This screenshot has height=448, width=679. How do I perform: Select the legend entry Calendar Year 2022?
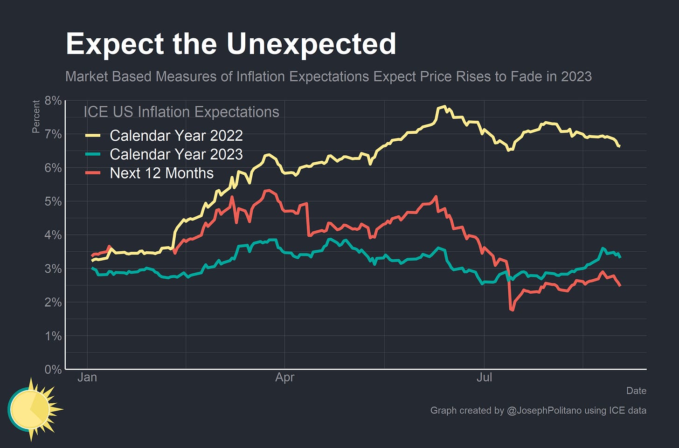coord(176,136)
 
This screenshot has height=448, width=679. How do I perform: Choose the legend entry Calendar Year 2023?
coord(176,154)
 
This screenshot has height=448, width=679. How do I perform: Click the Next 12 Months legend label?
coord(161,173)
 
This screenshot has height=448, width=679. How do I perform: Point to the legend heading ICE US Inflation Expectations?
coord(181,112)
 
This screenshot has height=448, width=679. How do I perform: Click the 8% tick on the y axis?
coord(53,101)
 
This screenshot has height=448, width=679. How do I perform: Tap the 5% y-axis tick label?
coord(53,201)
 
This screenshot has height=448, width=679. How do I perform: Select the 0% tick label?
coord(53,369)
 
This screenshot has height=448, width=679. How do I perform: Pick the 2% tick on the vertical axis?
coord(53,302)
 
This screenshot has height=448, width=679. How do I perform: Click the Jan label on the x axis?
coord(87,377)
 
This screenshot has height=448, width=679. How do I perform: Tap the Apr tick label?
coord(284,377)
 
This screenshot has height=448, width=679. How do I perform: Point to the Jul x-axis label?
coord(484,377)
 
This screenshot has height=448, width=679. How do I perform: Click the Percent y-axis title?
coord(36,117)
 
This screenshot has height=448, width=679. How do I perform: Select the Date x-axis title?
coord(636,391)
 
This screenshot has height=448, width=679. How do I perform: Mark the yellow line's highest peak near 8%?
coord(443,107)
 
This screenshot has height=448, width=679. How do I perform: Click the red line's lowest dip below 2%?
coord(512,310)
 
